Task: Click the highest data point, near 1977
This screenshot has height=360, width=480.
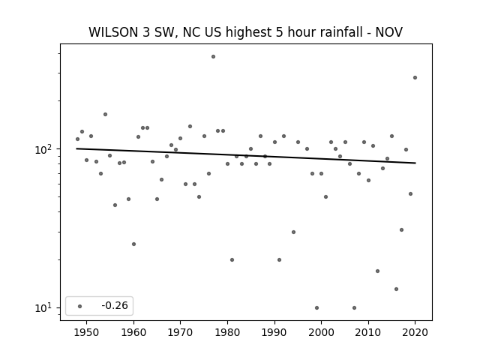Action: (213, 57)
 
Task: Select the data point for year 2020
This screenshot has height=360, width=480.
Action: (415, 78)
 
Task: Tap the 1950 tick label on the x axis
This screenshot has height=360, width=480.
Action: (87, 332)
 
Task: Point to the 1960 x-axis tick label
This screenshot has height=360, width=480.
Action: (133, 332)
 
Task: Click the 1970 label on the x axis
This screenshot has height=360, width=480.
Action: (180, 332)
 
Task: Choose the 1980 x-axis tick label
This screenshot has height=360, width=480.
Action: (227, 332)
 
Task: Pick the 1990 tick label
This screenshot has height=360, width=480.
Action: (274, 332)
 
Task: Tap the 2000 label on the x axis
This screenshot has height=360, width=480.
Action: (322, 332)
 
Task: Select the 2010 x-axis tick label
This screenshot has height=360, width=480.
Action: (368, 332)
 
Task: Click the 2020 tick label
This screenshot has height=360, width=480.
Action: (415, 332)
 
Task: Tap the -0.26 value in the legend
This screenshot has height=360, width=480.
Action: (115, 305)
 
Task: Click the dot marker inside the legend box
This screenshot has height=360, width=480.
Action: (80, 306)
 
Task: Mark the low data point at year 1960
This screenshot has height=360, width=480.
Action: (133, 244)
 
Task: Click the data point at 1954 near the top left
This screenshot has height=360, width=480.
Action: (105, 115)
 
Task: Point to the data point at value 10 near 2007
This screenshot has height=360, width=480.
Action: (354, 308)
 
